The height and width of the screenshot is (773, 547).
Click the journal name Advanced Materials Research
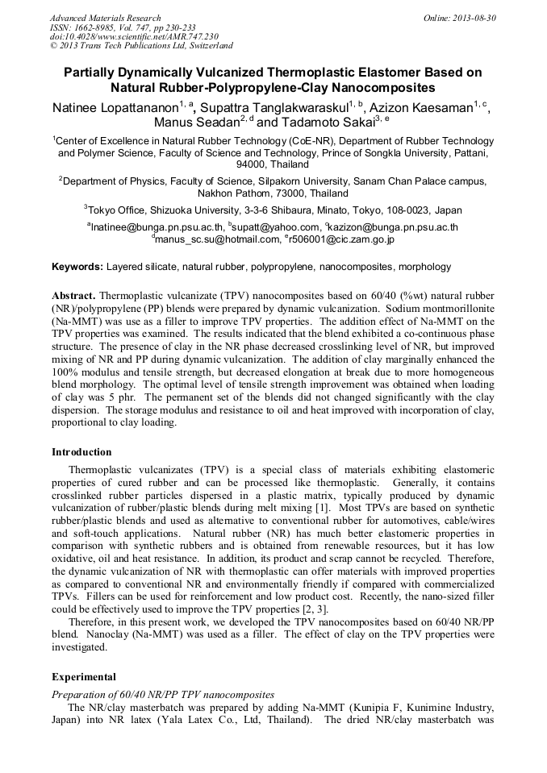coord(105,18)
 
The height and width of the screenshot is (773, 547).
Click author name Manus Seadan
coord(197,123)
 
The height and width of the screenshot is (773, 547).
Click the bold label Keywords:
coord(77,266)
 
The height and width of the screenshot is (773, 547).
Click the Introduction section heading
coord(81,451)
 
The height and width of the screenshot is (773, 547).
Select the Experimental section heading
coord(84,676)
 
